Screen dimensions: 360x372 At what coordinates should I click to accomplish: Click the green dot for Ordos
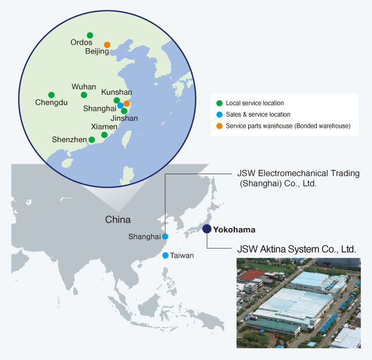(x=90, y=35)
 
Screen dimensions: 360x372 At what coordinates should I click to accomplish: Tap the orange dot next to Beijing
(x=107, y=45)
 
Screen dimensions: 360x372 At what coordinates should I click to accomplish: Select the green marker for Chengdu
(x=51, y=95)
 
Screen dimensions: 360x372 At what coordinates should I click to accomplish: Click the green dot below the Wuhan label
(x=84, y=95)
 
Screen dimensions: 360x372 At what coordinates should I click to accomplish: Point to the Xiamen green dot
(x=104, y=135)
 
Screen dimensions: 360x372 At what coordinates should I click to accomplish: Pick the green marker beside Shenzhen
(x=91, y=139)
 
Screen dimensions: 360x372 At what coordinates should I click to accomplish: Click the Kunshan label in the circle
(x=116, y=92)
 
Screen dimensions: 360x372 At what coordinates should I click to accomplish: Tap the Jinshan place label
(x=124, y=118)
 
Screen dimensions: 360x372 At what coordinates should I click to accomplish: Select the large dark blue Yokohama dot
(x=207, y=229)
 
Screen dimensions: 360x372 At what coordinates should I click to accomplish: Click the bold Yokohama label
(x=234, y=229)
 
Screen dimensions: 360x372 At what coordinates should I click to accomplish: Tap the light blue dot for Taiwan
(x=166, y=255)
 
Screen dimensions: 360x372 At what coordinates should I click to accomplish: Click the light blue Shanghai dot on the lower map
(x=165, y=236)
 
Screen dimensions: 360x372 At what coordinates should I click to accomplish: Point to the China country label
(x=118, y=220)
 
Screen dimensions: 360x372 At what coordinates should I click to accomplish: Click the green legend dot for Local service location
(x=219, y=103)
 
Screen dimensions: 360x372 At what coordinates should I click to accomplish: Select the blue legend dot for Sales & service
(x=219, y=114)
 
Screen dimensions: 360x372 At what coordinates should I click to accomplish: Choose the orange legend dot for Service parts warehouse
(x=219, y=125)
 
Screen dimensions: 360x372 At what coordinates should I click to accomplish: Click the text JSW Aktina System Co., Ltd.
(x=296, y=249)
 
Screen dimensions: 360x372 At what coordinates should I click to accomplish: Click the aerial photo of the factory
(x=298, y=303)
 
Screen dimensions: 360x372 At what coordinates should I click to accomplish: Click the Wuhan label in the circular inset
(x=84, y=87)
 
